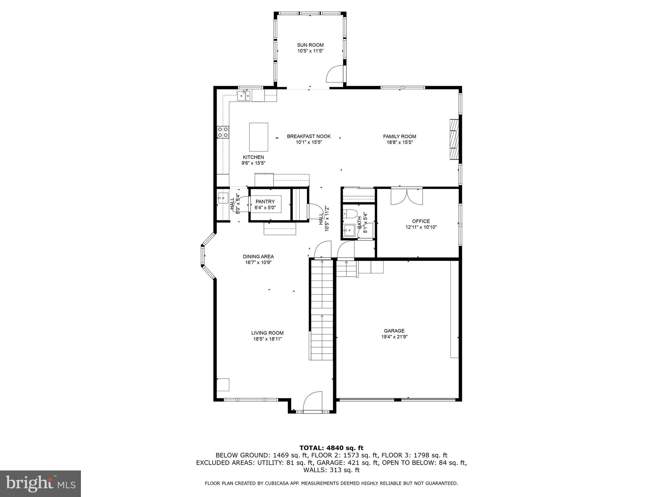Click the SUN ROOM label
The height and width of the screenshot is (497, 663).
point(310,45)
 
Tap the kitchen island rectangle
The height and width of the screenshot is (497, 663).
point(258,137)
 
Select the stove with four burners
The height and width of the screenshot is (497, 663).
point(223,132)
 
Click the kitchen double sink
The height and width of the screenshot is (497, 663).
point(244,95)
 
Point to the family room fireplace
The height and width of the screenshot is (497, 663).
point(454,139)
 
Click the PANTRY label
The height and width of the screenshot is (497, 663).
point(265,202)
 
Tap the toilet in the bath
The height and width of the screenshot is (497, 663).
point(350,213)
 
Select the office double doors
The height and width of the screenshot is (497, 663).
point(407,196)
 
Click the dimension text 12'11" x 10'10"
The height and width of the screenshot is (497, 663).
point(421,227)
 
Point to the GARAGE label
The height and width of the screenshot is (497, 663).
point(394,331)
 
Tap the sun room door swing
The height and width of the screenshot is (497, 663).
point(334,74)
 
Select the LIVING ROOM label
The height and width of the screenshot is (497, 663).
point(267,333)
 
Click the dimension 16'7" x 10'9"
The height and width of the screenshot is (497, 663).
point(258,262)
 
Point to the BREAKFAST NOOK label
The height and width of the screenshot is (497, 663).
point(309,136)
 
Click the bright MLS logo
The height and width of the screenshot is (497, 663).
point(40,483)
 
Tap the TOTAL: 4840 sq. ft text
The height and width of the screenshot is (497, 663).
point(331,448)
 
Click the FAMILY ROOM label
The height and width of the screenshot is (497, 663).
point(399,136)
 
